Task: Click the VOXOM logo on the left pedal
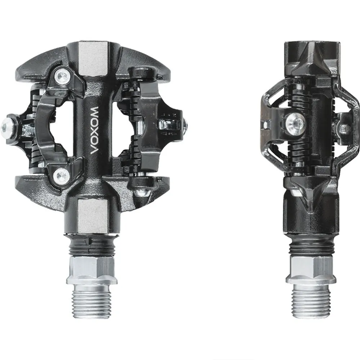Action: coord(95,130)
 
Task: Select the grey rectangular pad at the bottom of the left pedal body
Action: coord(93,216)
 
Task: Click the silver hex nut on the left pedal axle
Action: coord(91,270)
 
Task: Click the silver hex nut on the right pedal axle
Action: coord(311,269)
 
